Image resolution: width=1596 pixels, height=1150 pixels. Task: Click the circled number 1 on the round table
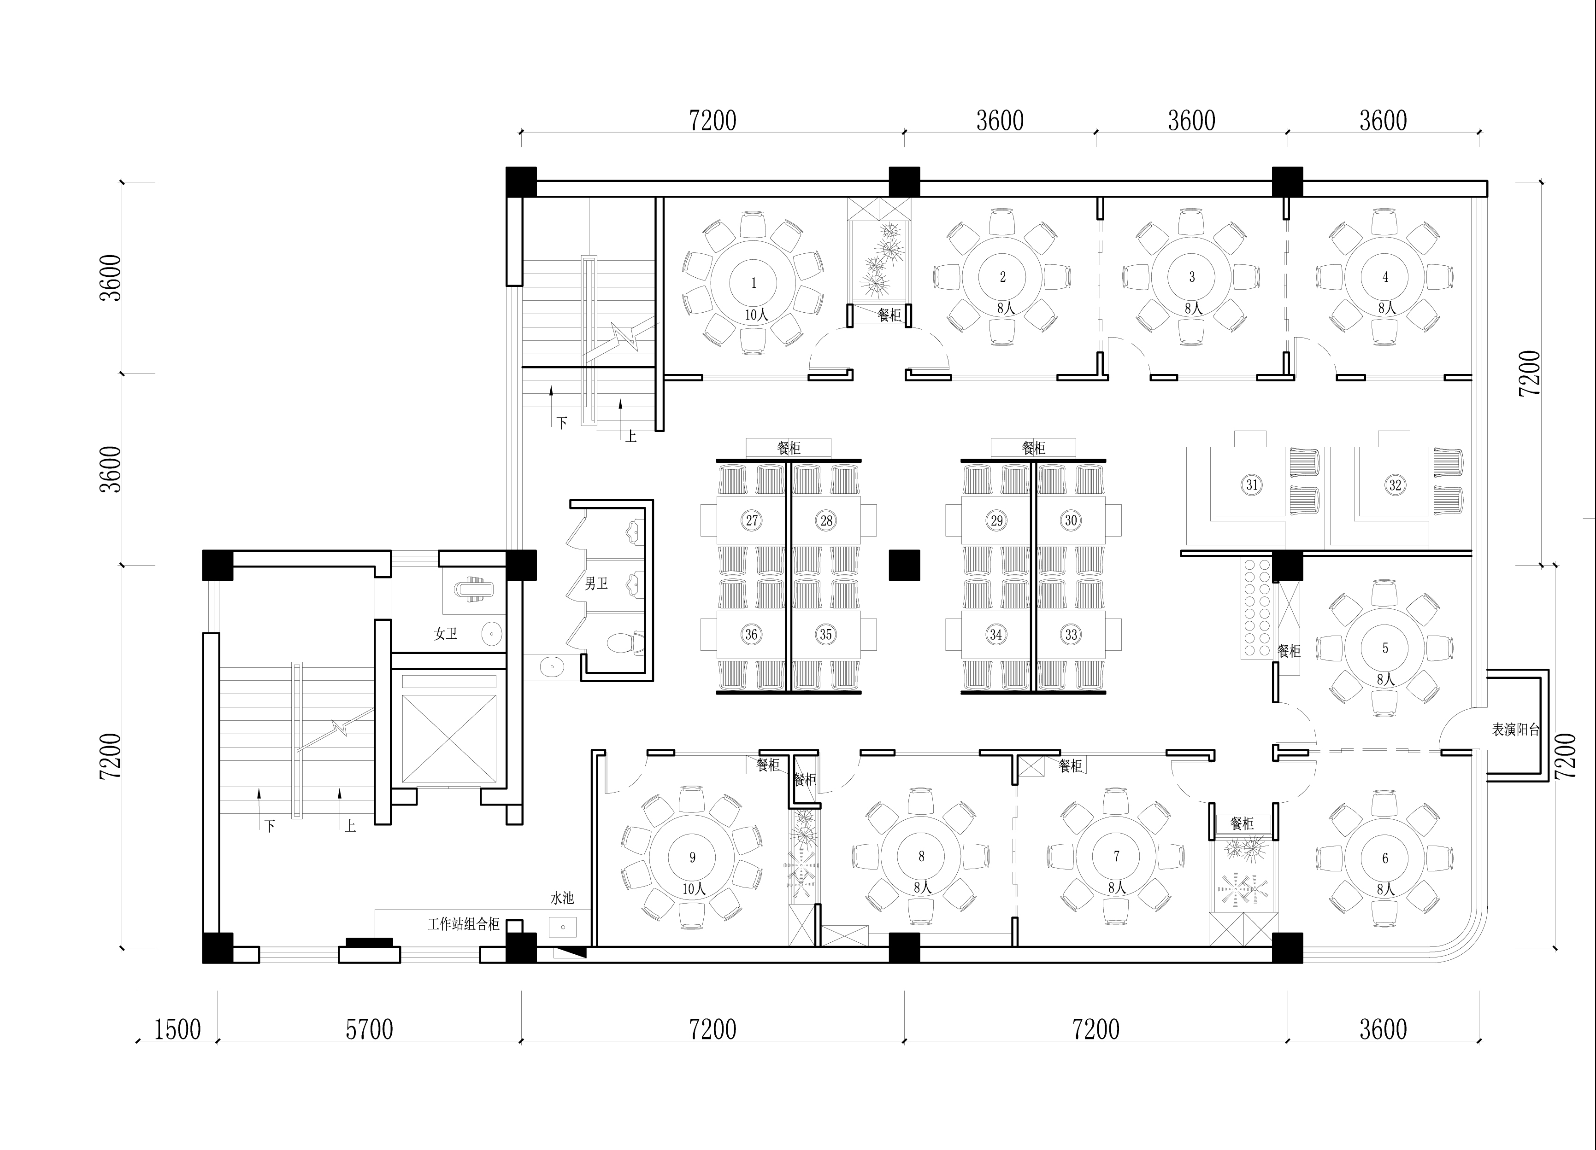pyautogui.click(x=753, y=283)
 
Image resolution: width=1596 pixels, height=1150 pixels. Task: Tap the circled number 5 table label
pyautogui.click(x=1385, y=648)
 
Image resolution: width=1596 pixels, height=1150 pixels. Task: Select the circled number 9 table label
pyautogui.click(x=692, y=857)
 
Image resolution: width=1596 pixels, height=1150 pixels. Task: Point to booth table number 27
pyautogui.click(x=752, y=520)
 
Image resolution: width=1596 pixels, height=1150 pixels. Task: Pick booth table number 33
pyautogui.click(x=1070, y=635)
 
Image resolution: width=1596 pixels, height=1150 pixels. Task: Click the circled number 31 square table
pyautogui.click(x=1252, y=485)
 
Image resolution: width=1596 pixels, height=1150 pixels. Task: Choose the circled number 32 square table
pyautogui.click(x=1395, y=485)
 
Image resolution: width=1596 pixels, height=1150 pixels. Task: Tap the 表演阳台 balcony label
pyautogui.click(x=1516, y=730)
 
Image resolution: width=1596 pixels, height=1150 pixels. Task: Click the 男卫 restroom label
pyautogui.click(x=596, y=583)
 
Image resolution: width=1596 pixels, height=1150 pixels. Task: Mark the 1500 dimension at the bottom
pyautogui.click(x=177, y=1030)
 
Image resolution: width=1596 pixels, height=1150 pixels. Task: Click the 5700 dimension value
pyautogui.click(x=370, y=1030)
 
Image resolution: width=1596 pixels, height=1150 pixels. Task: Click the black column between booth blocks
pyautogui.click(x=904, y=565)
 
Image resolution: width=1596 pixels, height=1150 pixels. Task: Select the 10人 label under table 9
pyautogui.click(x=694, y=889)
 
